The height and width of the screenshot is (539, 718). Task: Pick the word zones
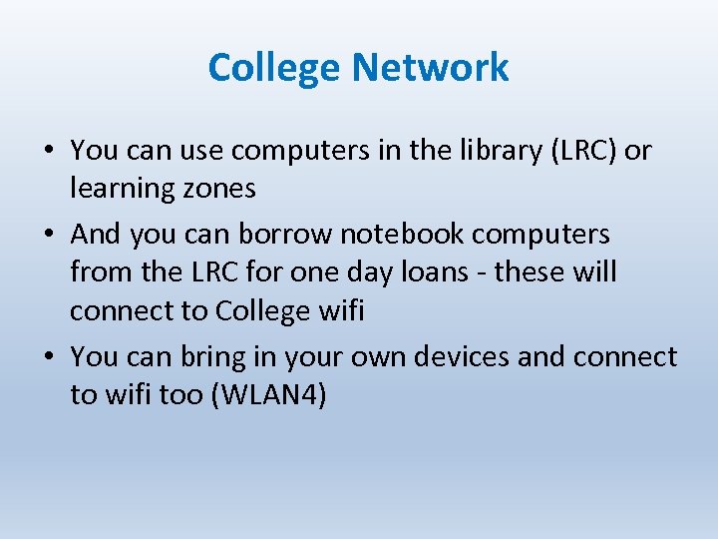(x=221, y=189)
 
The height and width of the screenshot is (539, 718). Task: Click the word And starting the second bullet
(x=95, y=235)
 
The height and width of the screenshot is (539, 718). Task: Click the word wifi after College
(x=341, y=310)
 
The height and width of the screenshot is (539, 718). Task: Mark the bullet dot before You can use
(x=48, y=152)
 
